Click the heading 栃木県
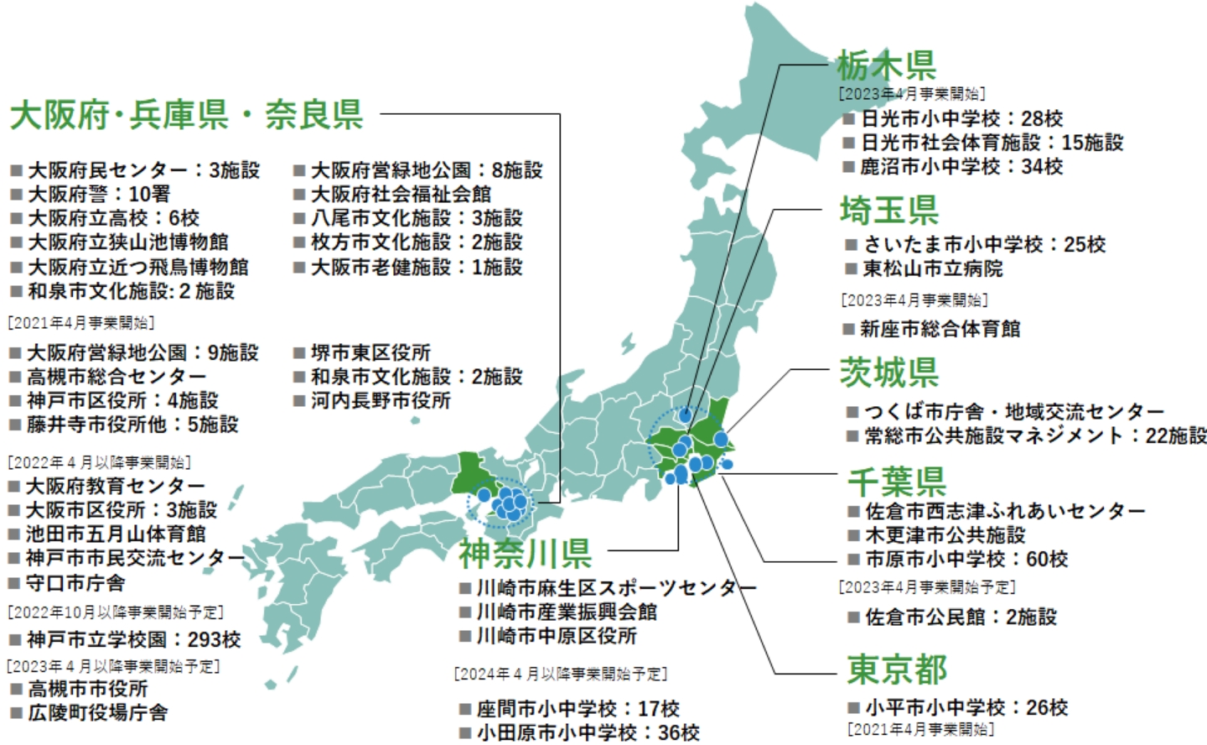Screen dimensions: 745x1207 887,65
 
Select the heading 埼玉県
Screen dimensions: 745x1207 889,210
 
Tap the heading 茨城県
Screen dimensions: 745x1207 889,372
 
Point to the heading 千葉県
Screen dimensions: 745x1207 897,482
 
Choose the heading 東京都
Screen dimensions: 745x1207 897,669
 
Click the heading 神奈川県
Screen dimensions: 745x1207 526,553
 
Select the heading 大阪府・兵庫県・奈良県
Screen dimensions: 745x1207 187,115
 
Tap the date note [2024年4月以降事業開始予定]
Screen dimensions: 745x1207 561,674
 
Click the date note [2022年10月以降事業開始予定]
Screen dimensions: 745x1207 117,612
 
